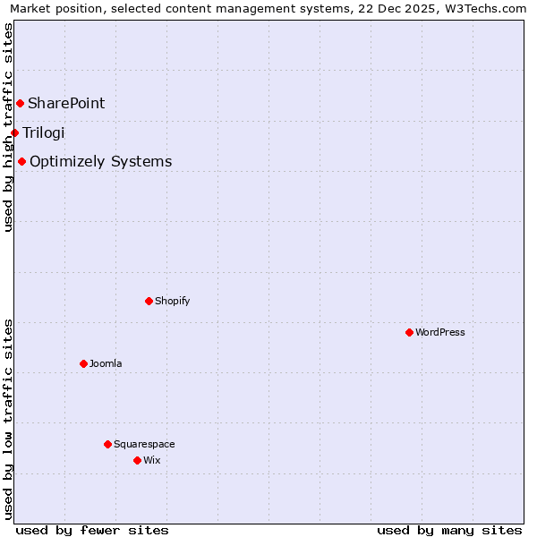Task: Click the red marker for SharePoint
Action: (20, 104)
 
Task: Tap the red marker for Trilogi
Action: (14, 133)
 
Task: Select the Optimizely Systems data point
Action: (21, 162)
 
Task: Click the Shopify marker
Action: (149, 301)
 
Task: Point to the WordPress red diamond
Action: (409, 332)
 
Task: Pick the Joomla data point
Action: (83, 363)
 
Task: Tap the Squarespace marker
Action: (107, 444)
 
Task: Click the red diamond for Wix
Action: (137, 460)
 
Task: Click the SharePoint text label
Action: (66, 104)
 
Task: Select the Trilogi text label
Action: (44, 133)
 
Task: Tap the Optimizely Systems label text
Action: (101, 162)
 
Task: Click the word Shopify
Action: (173, 301)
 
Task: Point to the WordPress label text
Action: (440, 332)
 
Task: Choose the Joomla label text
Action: (106, 363)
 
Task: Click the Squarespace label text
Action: (144, 444)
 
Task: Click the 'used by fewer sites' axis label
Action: (92, 530)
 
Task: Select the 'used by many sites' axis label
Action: (449, 530)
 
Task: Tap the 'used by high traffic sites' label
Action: (8, 127)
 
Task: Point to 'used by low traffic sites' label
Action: (8, 419)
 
